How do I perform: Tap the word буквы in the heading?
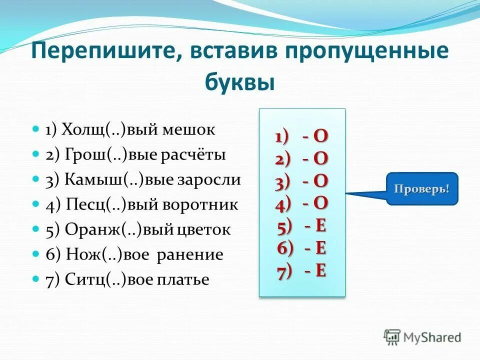[x=240, y=81]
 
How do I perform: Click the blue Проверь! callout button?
[x=421, y=189]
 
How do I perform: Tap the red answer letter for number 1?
[x=321, y=136]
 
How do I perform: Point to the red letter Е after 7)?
[x=321, y=271]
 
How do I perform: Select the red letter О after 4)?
[x=321, y=203]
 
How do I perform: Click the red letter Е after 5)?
[x=321, y=226]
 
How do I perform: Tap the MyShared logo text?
[x=432, y=337]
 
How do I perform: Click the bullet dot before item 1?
[x=35, y=129]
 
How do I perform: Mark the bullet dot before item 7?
[x=35, y=278]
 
